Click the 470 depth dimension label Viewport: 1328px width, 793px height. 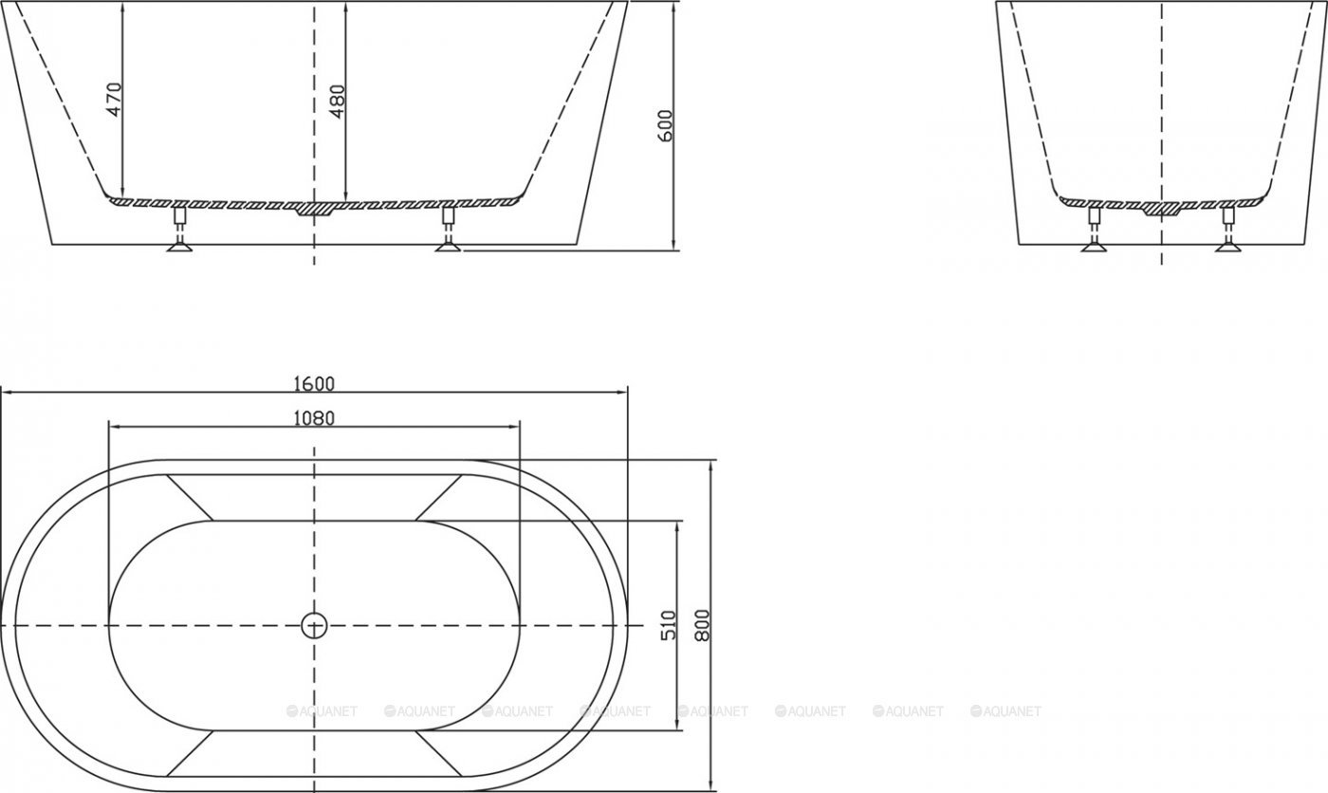point(114,100)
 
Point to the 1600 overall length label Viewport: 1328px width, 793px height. point(314,383)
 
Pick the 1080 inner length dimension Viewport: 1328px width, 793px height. point(314,418)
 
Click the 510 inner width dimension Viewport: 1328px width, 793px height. point(669,625)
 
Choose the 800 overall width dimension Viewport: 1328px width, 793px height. point(703,625)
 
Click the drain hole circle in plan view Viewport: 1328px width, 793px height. point(314,625)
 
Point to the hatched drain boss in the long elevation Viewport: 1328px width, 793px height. point(314,208)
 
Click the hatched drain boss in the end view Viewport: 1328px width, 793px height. point(1161,208)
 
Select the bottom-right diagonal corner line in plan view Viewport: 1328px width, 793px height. point(438,755)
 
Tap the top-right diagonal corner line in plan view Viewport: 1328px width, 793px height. point(438,497)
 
